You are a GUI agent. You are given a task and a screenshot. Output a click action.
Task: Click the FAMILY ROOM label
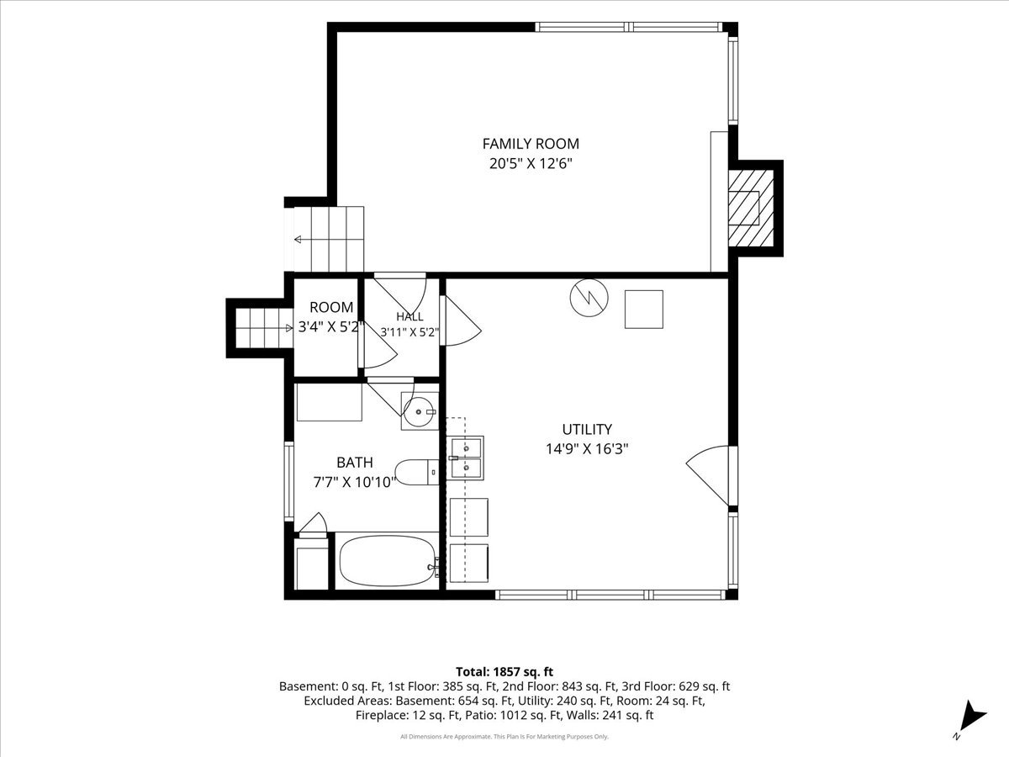point(531,144)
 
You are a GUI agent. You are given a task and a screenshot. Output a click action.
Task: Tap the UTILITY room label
point(587,429)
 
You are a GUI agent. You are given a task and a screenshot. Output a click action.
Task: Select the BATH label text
point(355,462)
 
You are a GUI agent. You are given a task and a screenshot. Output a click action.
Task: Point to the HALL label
point(409,316)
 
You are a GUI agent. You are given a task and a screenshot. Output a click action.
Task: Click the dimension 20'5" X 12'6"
point(531,164)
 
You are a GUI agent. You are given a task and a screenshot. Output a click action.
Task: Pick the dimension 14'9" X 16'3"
point(587,448)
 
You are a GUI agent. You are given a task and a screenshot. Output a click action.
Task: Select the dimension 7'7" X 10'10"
point(355,482)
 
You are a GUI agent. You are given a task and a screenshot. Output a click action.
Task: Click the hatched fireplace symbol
point(751,208)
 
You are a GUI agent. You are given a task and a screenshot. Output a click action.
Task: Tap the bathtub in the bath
point(388,561)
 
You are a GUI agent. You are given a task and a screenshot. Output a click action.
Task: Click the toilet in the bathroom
point(417,472)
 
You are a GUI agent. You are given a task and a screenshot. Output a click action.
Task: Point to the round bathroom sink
point(418,411)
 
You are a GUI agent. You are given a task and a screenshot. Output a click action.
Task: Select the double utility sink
point(465,458)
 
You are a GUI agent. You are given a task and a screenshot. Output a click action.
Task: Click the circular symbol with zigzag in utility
point(589,298)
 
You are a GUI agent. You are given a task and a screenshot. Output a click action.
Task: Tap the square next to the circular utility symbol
point(643,310)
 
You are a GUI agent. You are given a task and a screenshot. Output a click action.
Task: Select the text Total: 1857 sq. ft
point(504,671)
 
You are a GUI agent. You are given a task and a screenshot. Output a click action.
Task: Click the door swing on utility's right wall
point(708,476)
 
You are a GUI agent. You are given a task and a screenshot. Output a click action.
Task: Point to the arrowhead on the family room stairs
point(298,240)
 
